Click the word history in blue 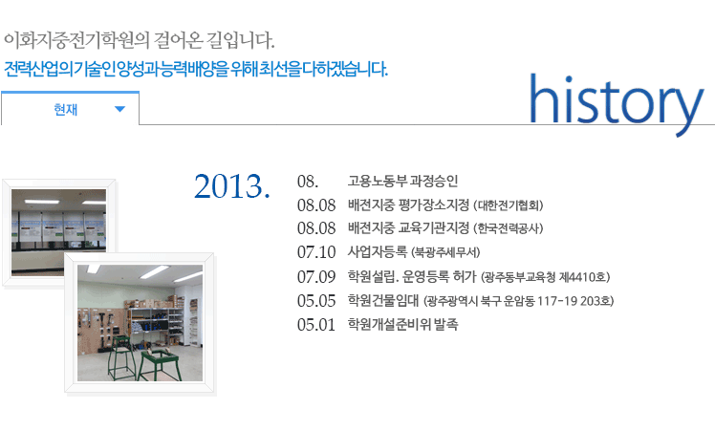(x=617, y=104)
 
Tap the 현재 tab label (x=66, y=110)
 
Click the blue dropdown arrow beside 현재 (x=119, y=109)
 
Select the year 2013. (x=232, y=186)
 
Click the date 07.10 (x=316, y=252)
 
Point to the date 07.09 (x=316, y=276)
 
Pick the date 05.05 (x=316, y=301)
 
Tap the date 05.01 (x=316, y=325)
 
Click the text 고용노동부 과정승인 (x=402, y=181)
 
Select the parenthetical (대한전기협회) (x=509, y=205)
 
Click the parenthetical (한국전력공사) (x=509, y=228)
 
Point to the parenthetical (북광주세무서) (x=445, y=252)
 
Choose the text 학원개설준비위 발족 (x=402, y=324)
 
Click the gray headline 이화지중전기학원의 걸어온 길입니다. (x=139, y=40)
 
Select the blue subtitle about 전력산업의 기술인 (x=196, y=69)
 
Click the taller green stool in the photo (x=119, y=356)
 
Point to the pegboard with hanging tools (x=100, y=330)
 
